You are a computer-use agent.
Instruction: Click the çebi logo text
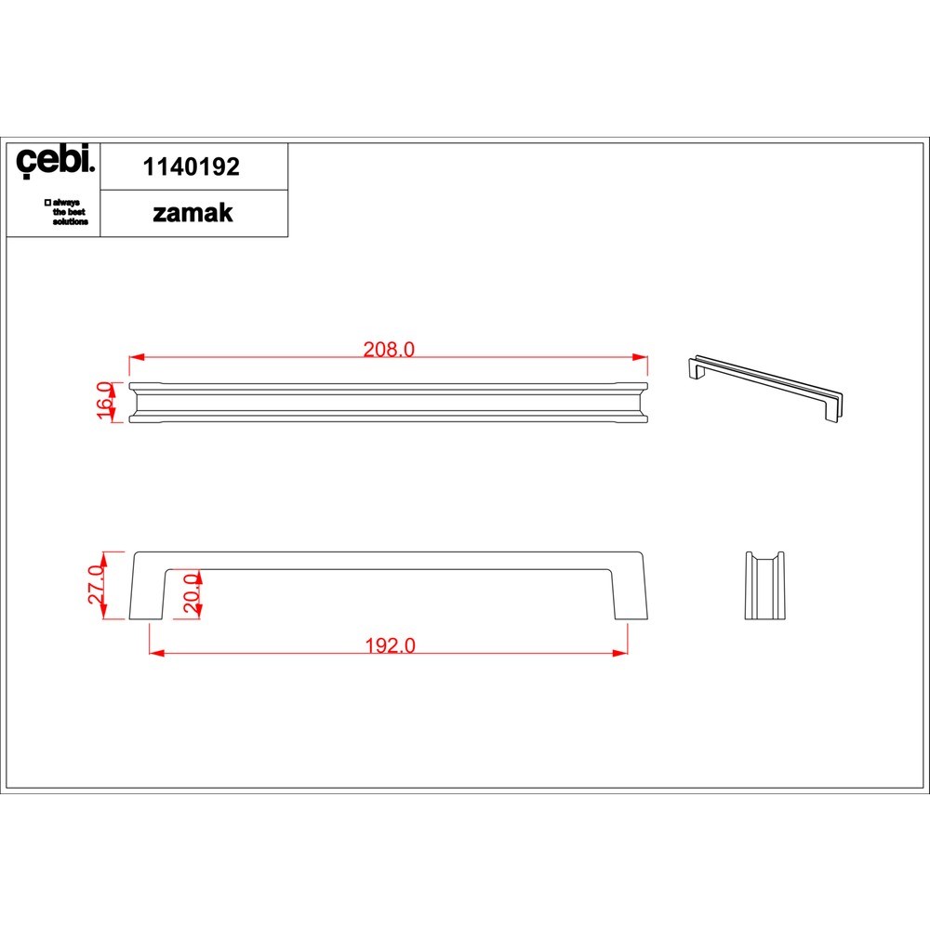click(55, 161)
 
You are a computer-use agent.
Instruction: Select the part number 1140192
click(191, 167)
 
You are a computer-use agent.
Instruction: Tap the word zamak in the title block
click(193, 214)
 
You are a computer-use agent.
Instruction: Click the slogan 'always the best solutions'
click(66, 212)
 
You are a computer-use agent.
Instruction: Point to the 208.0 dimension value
click(389, 350)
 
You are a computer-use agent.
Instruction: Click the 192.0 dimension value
click(390, 645)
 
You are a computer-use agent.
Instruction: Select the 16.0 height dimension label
click(104, 400)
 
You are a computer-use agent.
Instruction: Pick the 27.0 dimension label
click(96, 585)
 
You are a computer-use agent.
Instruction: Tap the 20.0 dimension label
click(191, 593)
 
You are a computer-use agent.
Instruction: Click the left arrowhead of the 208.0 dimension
click(137, 357)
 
